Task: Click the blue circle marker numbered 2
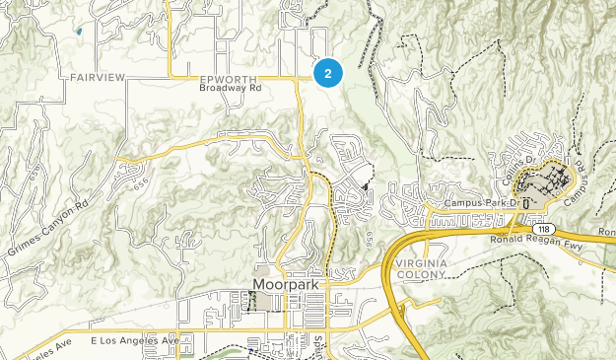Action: [x=327, y=72]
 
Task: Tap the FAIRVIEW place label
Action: [x=96, y=76]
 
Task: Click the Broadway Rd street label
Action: [x=230, y=88]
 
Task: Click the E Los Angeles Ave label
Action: [x=133, y=339]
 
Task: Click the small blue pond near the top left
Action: [x=77, y=30]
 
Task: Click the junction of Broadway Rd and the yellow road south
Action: [x=299, y=76]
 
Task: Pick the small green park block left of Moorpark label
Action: [x=247, y=298]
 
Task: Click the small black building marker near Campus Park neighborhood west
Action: [x=367, y=183]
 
